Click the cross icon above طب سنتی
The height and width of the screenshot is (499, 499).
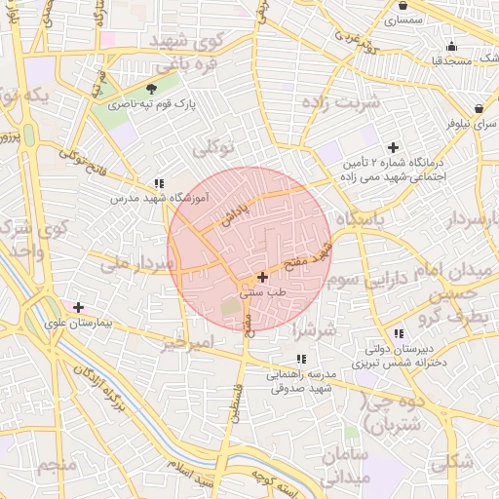[262, 277]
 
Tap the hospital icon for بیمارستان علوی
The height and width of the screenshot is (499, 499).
[78, 308]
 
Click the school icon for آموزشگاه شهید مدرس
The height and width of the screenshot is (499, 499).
[159, 183]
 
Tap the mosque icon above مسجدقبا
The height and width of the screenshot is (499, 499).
[450, 46]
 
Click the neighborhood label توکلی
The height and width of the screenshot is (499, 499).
[213, 149]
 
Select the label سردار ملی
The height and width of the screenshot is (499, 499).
[138, 263]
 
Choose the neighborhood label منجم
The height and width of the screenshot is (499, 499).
[57, 465]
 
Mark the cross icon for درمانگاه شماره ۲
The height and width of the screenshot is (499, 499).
[393, 148]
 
